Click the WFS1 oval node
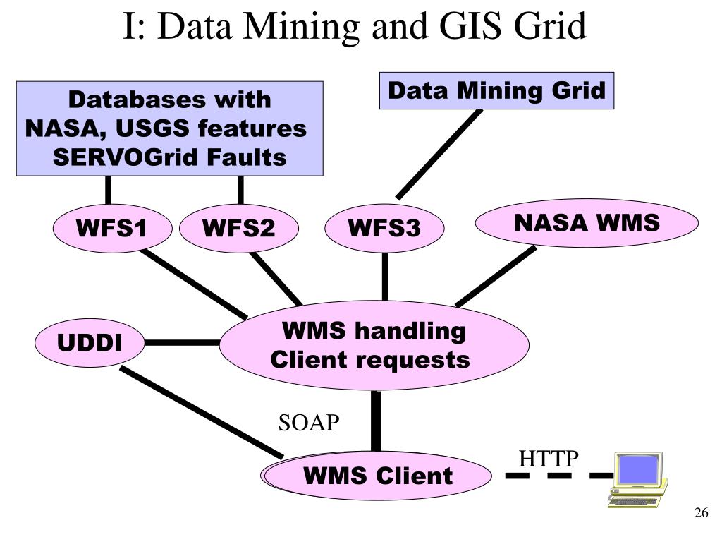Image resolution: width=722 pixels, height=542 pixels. pos(113,229)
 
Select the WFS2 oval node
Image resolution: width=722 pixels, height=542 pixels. pos(239,229)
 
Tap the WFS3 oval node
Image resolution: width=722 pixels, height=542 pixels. pos(384,229)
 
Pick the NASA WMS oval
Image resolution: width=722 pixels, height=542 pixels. pos(587,223)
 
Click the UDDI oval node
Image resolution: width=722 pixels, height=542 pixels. pos(90,344)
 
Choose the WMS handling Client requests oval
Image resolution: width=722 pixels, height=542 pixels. pos(374,345)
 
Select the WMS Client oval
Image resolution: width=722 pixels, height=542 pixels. pos(378,475)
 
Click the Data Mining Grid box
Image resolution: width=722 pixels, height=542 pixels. pos(496,91)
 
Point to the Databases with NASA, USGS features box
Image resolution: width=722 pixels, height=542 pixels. pos(169,128)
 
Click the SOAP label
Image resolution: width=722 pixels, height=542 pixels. pos(309,423)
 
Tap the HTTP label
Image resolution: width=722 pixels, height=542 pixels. pos(549,459)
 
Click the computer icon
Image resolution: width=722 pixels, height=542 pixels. pos(637,480)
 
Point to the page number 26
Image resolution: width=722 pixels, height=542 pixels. pos(700,513)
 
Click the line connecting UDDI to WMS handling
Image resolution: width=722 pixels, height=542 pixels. pos(182,343)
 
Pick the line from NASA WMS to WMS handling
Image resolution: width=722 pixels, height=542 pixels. pos(496,275)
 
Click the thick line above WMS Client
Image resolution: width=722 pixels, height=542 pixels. pos(376,421)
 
